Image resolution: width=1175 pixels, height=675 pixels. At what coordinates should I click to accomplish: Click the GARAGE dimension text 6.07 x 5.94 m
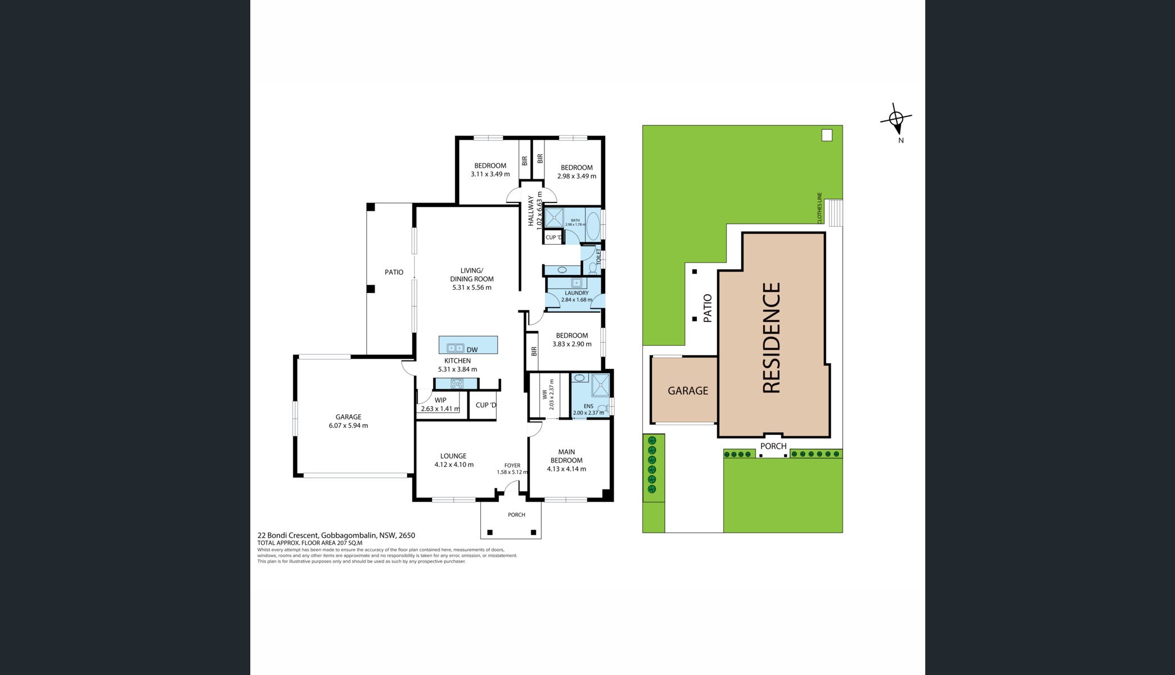coord(348,426)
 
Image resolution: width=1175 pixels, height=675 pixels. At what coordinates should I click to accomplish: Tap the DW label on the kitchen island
coord(472,350)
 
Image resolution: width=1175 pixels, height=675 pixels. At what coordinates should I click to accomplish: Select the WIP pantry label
coord(440,400)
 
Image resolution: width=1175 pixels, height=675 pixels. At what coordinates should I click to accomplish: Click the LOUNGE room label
coord(453,456)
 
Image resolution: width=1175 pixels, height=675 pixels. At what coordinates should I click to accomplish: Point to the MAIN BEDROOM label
coord(566,456)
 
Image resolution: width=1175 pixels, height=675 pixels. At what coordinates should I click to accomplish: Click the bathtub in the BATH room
coord(593,226)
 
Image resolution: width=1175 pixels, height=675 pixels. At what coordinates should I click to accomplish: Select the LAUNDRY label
coord(577,293)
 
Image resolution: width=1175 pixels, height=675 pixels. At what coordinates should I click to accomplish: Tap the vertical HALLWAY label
coord(531,211)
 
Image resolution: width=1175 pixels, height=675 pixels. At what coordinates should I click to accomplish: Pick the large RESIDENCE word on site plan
coord(772,337)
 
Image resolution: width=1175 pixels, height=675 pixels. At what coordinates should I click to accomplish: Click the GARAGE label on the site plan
coord(688,390)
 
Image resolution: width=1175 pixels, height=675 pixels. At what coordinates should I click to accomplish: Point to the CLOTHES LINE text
coord(820,208)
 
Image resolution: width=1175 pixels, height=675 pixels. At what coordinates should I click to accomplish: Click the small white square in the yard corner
coord(827,135)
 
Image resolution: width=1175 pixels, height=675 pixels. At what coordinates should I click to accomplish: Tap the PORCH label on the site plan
coord(773,446)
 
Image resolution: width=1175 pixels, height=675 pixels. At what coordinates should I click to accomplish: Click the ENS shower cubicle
coord(600,385)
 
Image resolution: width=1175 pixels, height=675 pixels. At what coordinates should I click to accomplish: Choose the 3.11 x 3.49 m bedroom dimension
coord(490,174)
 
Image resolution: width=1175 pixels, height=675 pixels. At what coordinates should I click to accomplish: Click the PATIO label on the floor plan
coord(394,272)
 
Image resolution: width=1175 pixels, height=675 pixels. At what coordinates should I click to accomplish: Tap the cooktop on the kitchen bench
coord(456,384)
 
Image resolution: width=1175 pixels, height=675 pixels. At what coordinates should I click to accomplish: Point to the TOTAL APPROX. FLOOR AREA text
coord(310,543)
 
